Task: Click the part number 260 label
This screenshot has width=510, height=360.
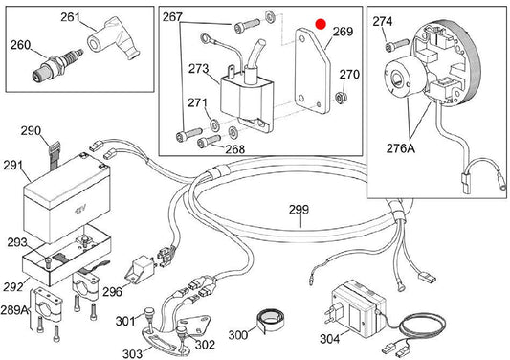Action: coord(20,45)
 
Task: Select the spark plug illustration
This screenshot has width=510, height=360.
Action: coord(57,65)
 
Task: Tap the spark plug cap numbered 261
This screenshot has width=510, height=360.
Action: coord(114,38)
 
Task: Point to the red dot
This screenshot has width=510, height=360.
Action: coord(322,24)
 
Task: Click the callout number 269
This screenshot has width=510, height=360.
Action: coord(343,32)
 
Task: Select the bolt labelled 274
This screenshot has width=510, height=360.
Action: coord(396,45)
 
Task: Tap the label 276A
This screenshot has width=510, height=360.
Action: coord(401,148)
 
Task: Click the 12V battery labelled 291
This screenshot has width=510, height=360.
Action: coord(67,198)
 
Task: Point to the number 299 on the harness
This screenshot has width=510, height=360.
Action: coord(299,209)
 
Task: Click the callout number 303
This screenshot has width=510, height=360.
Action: coord(132,353)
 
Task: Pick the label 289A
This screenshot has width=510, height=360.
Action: coord(14,309)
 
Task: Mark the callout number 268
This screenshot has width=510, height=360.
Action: coord(234,149)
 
